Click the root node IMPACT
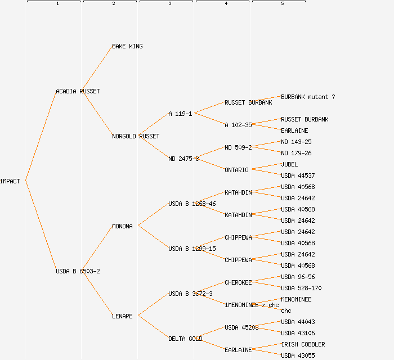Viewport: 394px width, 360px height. point(10,181)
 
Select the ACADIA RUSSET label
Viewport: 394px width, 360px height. point(78,91)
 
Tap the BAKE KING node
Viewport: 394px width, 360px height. point(127,46)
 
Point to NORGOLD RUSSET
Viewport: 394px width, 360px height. point(136,136)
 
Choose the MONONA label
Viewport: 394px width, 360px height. point(122,226)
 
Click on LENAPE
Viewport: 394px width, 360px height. point(122,316)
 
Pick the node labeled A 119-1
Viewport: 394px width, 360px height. point(180,114)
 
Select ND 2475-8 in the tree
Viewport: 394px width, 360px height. point(183,159)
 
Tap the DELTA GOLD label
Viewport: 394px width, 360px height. point(185,339)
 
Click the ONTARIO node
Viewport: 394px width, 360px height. point(236,170)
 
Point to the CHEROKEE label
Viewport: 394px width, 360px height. point(238,282)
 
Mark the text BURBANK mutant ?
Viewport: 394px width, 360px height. point(308,97)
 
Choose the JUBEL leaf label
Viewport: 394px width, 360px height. point(289,164)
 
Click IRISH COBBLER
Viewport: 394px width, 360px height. point(303,344)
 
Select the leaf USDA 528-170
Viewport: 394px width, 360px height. point(301,288)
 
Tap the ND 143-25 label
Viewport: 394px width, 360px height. point(296,142)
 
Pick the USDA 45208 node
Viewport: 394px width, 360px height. point(241,327)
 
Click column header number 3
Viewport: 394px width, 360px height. point(170,4)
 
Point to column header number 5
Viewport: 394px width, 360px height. point(283,4)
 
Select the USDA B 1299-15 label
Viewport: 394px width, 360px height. point(192,249)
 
